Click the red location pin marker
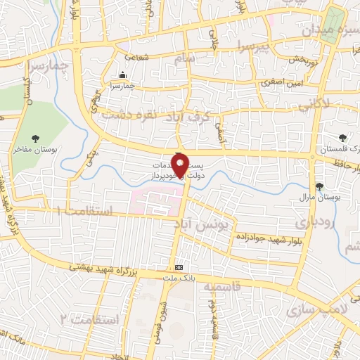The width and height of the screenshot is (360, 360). pyautogui.click(x=181, y=165)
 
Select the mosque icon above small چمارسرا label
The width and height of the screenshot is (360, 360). pyautogui.click(x=124, y=75)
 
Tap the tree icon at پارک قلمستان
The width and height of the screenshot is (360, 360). pyautogui.click(x=342, y=138)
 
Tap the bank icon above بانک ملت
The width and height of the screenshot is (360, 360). pyautogui.click(x=179, y=268)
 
